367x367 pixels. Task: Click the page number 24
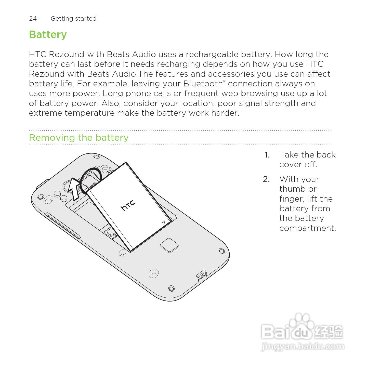click(33, 19)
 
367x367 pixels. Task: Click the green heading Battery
click(48, 35)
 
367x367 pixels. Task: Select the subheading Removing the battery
click(79, 138)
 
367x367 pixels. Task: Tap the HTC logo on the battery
click(128, 205)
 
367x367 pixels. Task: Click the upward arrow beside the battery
click(75, 189)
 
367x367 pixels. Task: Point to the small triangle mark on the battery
click(163, 222)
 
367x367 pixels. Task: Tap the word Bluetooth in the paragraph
click(203, 84)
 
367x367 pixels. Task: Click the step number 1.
click(267, 155)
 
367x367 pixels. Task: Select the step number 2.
click(266, 179)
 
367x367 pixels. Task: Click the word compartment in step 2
click(307, 228)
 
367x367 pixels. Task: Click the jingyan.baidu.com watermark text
click(303, 347)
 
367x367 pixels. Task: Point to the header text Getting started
click(73, 19)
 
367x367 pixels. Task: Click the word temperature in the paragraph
click(89, 113)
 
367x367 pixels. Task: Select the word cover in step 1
click(291, 165)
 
